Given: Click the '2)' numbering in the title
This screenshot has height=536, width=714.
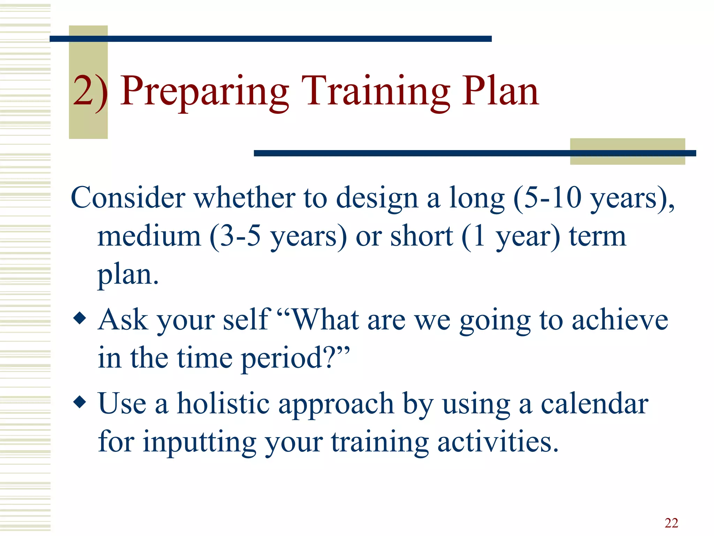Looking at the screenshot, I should click(90, 91).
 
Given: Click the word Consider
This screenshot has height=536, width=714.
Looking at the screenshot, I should click(128, 198).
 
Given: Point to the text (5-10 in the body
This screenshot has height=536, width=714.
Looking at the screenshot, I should click(547, 198).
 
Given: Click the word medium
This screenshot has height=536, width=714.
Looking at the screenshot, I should click(149, 237).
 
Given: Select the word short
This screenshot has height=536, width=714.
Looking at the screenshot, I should click(421, 237).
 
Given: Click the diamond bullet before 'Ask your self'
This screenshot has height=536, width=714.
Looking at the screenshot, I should click(80, 318).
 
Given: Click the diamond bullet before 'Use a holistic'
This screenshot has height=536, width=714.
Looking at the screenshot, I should click(80, 402).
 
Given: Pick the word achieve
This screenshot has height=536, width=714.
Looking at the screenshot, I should click(620, 320).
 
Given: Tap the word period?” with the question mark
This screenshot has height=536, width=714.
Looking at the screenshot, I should click(295, 359).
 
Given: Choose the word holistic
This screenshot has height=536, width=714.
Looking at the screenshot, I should click(223, 404).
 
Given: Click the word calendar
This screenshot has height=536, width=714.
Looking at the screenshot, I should click(594, 404).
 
